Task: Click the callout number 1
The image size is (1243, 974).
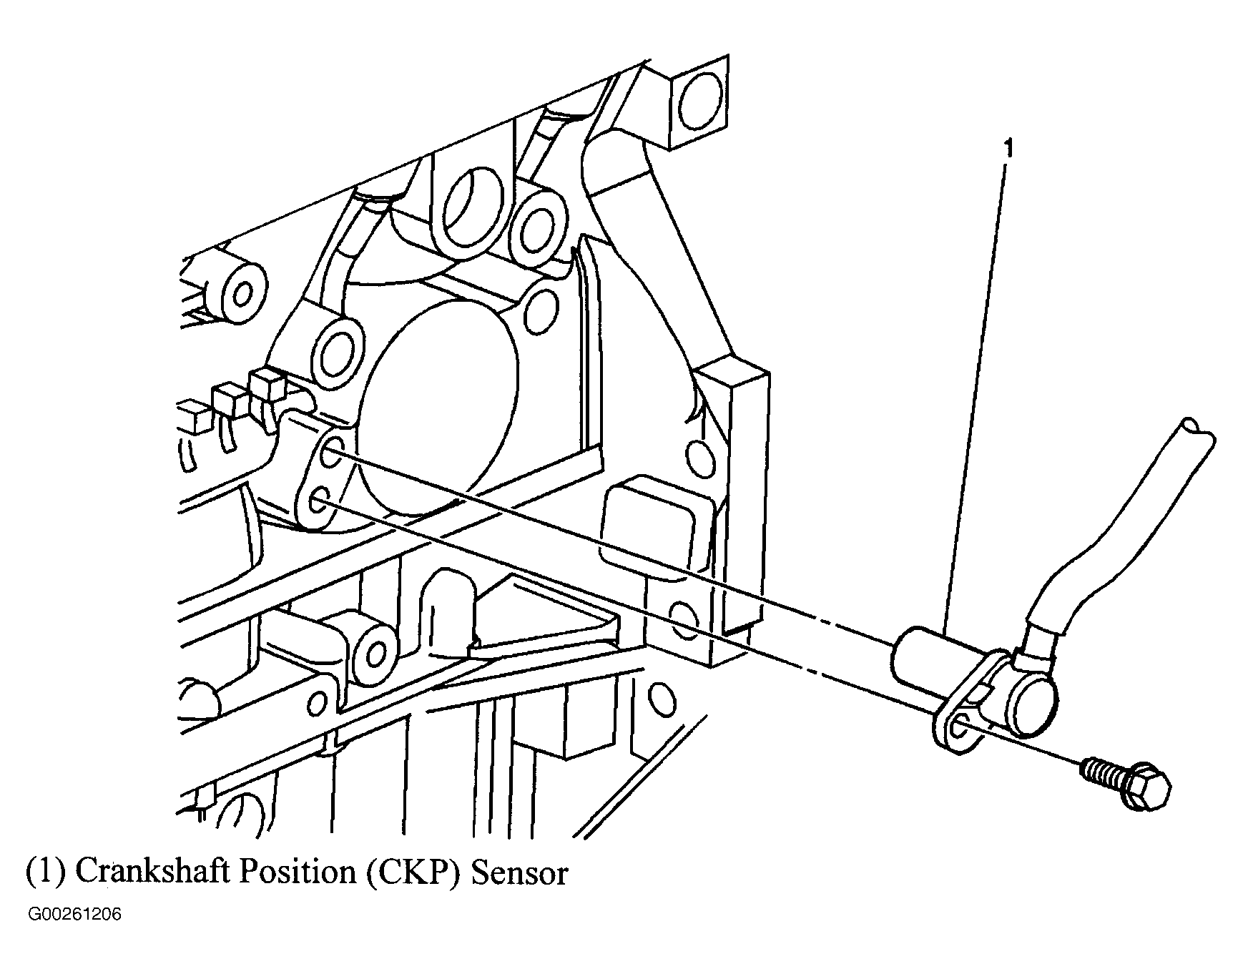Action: pos(1009,149)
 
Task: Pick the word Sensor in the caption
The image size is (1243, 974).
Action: pos(519,872)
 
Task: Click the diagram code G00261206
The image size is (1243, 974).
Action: pos(74,916)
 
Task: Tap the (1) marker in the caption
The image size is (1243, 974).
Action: pos(46,873)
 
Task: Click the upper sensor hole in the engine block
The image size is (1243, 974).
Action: pos(332,455)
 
